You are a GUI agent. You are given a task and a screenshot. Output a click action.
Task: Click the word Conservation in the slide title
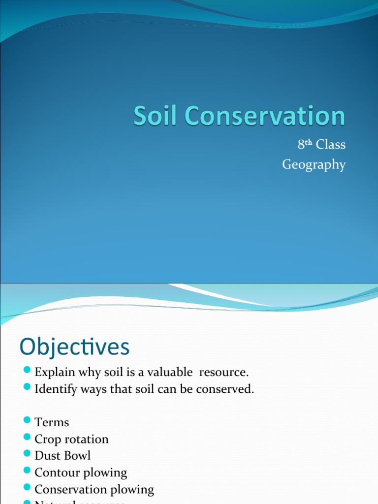261,117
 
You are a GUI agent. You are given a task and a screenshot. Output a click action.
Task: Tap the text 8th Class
321,145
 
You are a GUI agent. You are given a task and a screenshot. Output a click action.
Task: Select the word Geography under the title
314,164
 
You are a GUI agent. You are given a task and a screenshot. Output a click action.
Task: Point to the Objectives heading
74,347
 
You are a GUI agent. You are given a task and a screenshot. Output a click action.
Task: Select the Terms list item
52,422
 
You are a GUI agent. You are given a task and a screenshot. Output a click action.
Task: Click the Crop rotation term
71,439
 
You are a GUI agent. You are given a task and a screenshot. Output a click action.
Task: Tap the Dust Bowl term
63,456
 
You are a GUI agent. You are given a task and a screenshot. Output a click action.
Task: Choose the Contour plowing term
81,472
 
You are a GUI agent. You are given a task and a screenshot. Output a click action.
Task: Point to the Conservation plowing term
94,489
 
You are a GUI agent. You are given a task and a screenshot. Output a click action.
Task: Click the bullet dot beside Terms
27,421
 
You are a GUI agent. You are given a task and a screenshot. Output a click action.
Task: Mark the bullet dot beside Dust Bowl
27,454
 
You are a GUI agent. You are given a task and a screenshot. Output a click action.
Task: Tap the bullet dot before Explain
27,371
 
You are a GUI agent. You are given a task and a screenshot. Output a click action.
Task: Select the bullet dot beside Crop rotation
27,438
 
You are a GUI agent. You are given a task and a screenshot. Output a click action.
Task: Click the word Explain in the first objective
52,372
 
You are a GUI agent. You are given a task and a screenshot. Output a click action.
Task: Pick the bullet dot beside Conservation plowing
27,488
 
